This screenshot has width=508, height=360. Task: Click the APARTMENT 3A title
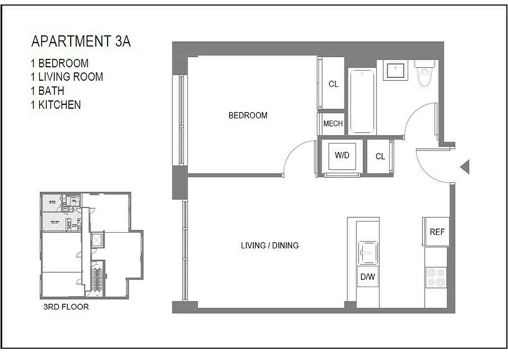pyautogui.click(x=81, y=41)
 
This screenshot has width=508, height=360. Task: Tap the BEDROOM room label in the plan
pyautogui.click(x=248, y=116)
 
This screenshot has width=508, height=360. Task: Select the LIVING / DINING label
pyautogui.click(x=270, y=246)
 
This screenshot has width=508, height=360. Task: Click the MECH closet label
pyautogui.click(x=333, y=124)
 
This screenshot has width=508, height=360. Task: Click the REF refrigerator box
pyautogui.click(x=437, y=232)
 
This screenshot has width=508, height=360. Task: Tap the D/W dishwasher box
pyautogui.click(x=368, y=277)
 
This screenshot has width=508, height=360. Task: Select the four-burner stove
pyautogui.click(x=436, y=277)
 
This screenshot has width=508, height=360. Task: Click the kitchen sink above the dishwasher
pyautogui.click(x=368, y=252)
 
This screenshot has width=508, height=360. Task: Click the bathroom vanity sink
pyautogui.click(x=396, y=70)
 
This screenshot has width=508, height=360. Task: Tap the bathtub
pyautogui.click(x=362, y=101)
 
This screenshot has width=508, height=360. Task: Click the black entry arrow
pyautogui.click(x=465, y=167)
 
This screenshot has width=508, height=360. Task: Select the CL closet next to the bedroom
pyautogui.click(x=333, y=84)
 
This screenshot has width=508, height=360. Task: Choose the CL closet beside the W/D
pyautogui.click(x=380, y=157)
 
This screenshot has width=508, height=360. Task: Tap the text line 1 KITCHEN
pyautogui.click(x=56, y=105)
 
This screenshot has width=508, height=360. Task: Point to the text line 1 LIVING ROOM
pyautogui.click(x=67, y=77)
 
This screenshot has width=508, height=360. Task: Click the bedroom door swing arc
pyautogui.click(x=297, y=155)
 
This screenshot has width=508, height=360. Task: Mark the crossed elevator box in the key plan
pyautogui.click(x=97, y=240)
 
